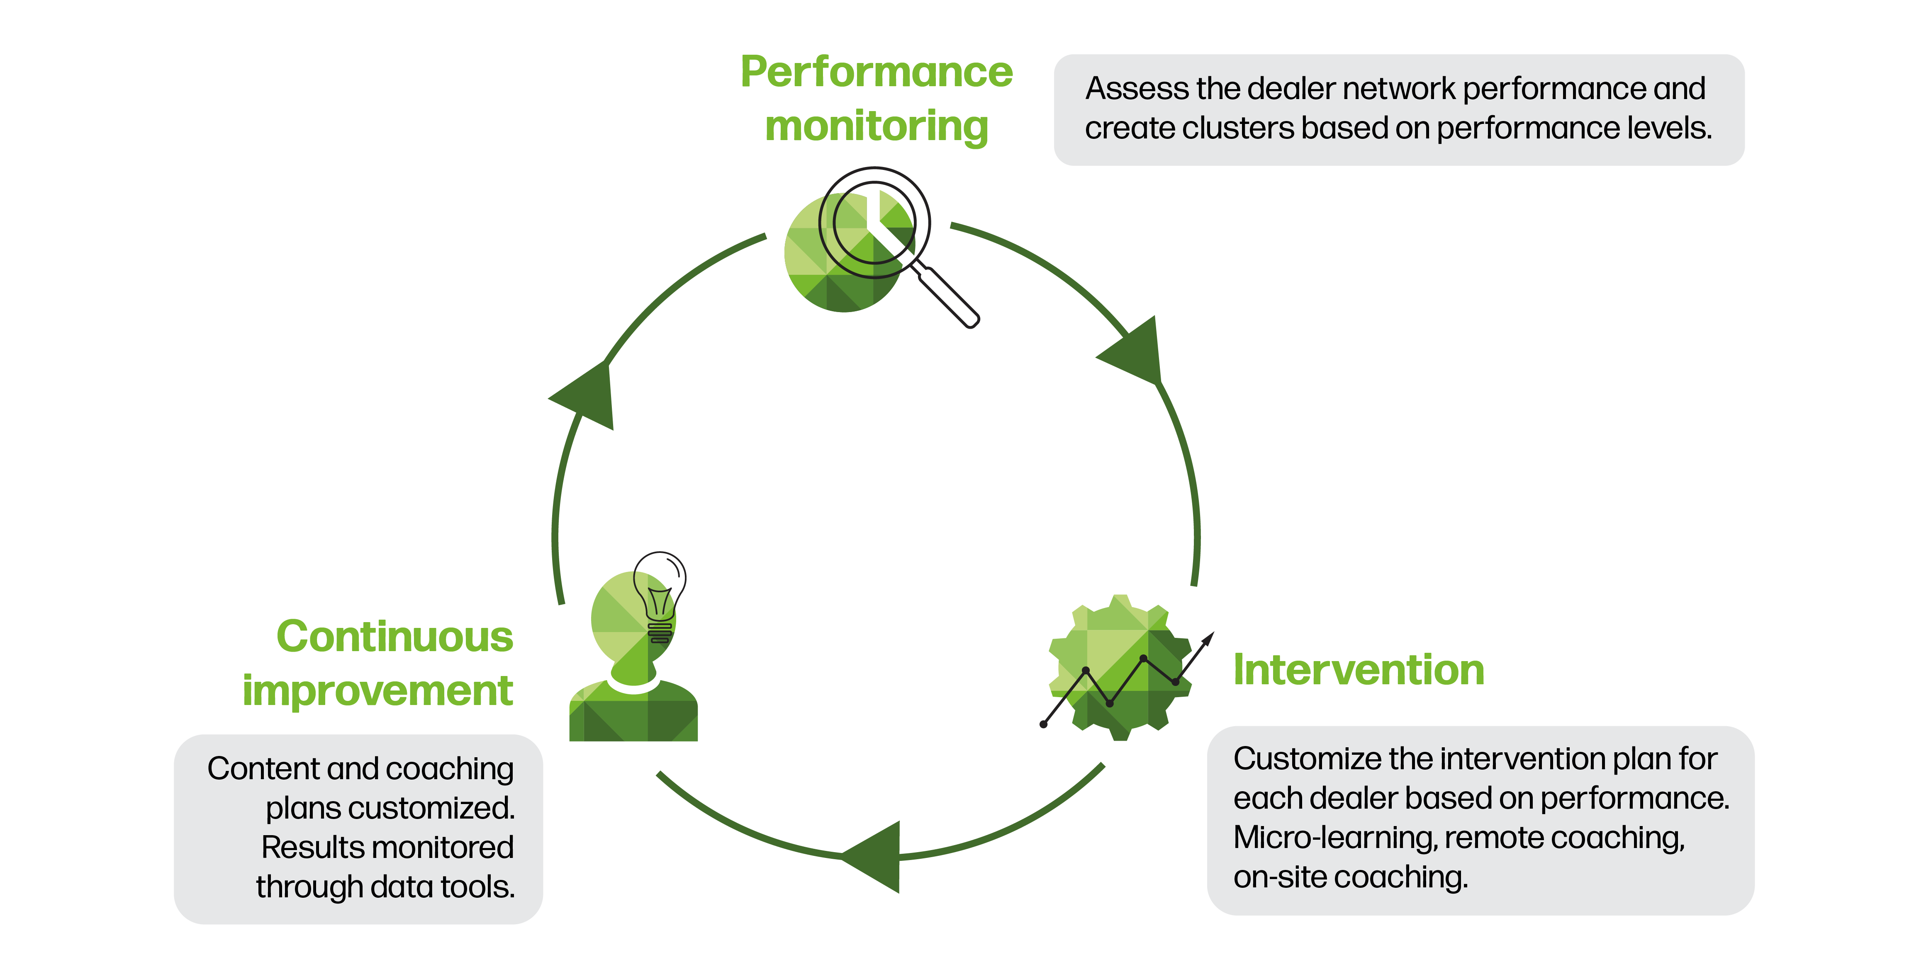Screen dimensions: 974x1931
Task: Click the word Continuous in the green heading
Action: coord(394,637)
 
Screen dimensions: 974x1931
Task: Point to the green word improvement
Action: coord(378,690)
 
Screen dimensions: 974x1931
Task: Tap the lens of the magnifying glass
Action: coord(874,223)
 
